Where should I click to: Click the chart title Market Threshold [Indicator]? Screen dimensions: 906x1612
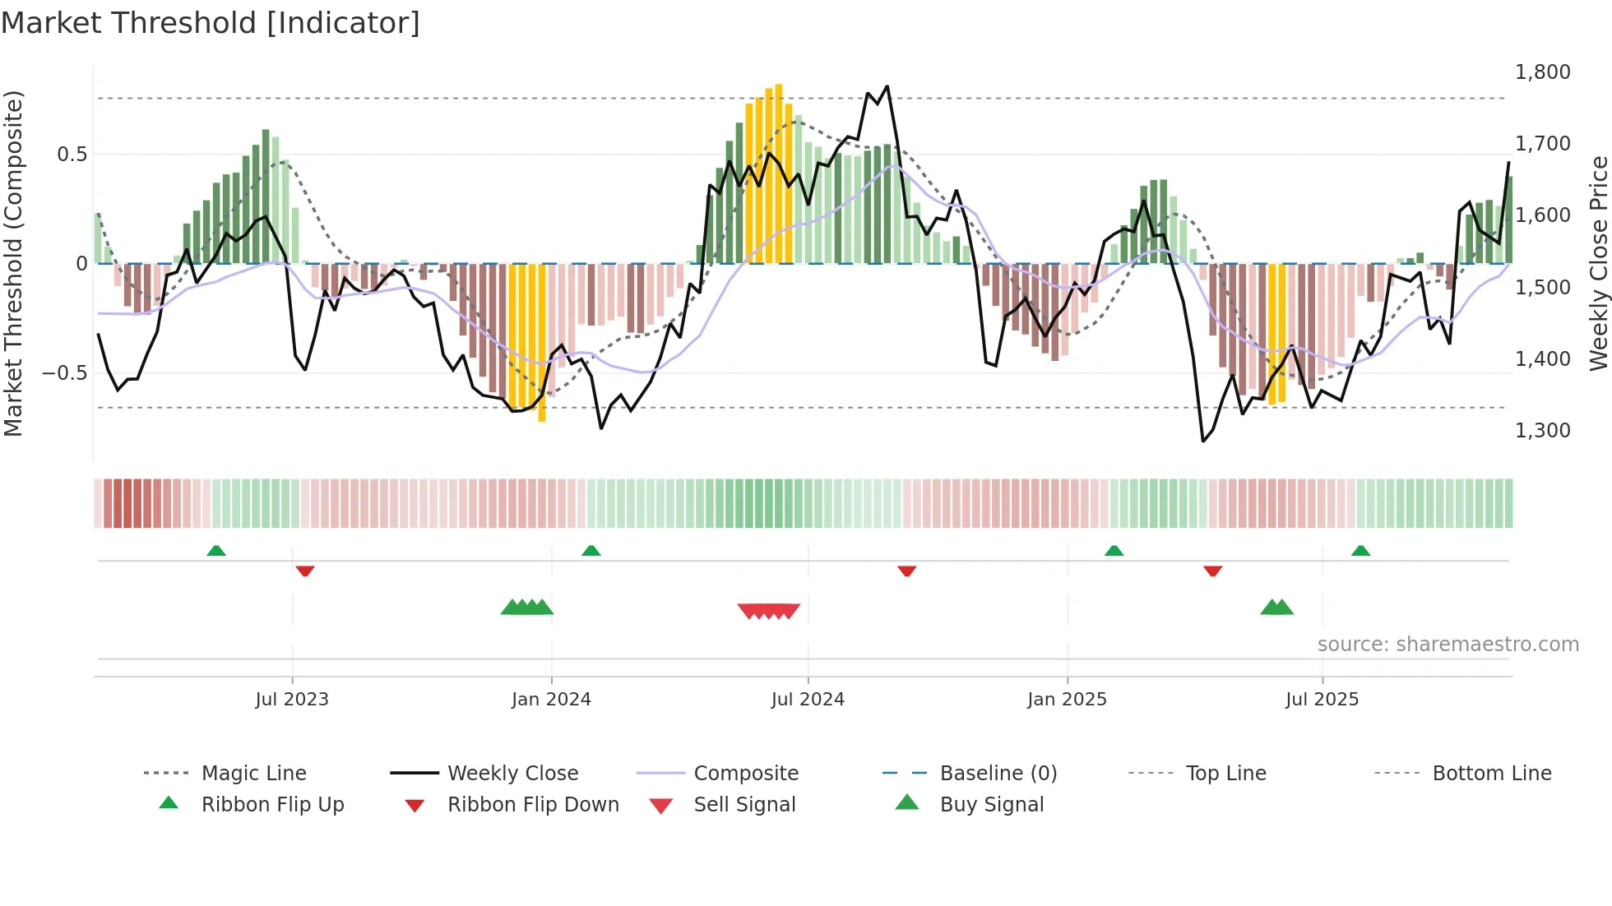(211, 23)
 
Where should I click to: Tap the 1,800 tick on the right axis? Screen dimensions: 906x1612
(1542, 72)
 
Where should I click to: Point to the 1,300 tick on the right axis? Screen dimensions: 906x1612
(1542, 431)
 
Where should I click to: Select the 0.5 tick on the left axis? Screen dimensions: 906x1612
(72, 155)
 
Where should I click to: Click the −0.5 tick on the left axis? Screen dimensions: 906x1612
(65, 373)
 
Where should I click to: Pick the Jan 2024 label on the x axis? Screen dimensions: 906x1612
(551, 700)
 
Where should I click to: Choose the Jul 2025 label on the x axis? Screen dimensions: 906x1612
(1322, 700)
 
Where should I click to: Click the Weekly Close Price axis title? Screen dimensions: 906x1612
(1598, 263)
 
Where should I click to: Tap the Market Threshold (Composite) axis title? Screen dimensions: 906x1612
(13, 263)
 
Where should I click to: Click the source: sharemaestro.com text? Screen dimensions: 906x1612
(1448, 645)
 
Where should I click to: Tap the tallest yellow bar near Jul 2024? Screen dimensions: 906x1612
(779, 173)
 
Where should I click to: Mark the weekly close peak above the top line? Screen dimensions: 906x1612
(887, 86)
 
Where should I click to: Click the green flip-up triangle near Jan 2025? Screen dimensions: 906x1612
(1114, 551)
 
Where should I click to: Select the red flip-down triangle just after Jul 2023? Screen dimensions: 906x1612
(305, 571)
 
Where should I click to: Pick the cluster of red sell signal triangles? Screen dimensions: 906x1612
(769, 611)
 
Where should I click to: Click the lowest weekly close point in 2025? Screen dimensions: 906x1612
(1203, 441)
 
